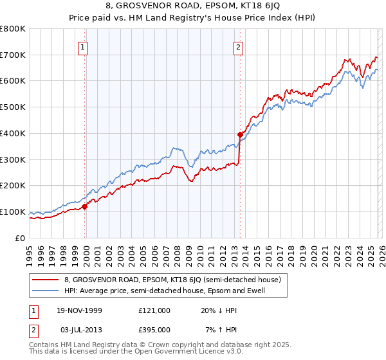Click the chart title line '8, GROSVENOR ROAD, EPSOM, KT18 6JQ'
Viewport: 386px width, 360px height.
[192, 7]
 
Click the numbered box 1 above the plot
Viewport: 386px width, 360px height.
[84, 46]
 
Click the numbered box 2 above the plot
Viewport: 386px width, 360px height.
[239, 46]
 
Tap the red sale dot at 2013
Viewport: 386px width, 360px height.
[240, 134]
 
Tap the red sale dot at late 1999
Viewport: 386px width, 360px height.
[85, 206]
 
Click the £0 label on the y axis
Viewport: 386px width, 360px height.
[19, 238]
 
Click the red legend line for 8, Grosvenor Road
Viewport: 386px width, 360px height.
[46, 280]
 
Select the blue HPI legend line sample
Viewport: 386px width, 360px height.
[46, 291]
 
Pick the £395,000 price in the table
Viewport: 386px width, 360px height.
[154, 329]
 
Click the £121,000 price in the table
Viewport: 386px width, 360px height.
[154, 310]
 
